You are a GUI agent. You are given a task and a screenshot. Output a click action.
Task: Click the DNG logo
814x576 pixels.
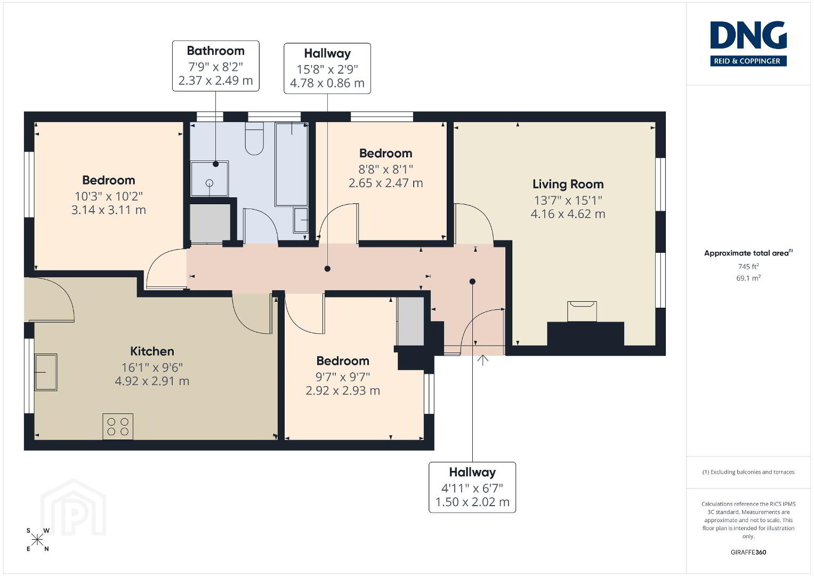pyautogui.click(x=748, y=44)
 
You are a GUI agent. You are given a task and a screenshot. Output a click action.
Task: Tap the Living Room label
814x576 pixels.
pyautogui.click(x=568, y=184)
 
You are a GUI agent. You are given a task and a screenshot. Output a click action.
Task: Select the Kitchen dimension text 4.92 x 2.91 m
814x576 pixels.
pyautogui.click(x=152, y=381)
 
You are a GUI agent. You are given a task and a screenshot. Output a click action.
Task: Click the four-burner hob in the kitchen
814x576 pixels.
pyautogui.click(x=118, y=426)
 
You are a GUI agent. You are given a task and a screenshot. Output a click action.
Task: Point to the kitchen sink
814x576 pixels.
pyautogui.click(x=46, y=372)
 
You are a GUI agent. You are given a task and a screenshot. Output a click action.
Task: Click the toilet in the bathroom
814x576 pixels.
pyautogui.click(x=254, y=139)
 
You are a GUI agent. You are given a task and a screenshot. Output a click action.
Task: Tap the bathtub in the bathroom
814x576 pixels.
pyautogui.click(x=292, y=165)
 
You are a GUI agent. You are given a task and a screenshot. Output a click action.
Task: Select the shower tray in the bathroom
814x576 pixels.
pyautogui.click(x=209, y=179)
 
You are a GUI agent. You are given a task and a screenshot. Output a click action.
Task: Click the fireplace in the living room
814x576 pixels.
pyautogui.click(x=582, y=311)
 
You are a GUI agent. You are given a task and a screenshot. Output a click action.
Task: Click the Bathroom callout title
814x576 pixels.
pyautogui.click(x=215, y=51)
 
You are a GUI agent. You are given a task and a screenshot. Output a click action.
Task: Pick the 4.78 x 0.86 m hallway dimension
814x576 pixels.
pyautogui.click(x=327, y=83)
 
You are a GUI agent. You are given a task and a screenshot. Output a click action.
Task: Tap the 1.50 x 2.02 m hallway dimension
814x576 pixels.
pyautogui.click(x=472, y=502)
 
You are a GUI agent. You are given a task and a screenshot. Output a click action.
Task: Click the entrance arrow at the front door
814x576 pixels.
pyautogui.click(x=482, y=359)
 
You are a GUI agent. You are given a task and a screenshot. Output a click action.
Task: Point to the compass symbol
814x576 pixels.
pyautogui.click(x=37, y=540)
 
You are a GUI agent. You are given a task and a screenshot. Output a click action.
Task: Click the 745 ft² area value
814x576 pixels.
pyautogui.click(x=748, y=266)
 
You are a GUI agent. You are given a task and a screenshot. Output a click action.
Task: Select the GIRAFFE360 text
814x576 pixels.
pyautogui.click(x=748, y=552)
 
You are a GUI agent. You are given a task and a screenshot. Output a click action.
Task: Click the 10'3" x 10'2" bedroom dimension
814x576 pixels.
pyautogui.click(x=109, y=196)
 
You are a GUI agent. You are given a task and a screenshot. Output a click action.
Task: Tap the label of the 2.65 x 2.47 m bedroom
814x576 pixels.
pyautogui.click(x=385, y=153)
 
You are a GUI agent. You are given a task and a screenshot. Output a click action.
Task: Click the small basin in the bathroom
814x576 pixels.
pyautogui.click(x=301, y=220)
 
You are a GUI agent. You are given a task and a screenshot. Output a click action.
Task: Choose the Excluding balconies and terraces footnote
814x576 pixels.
pyautogui.click(x=748, y=472)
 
